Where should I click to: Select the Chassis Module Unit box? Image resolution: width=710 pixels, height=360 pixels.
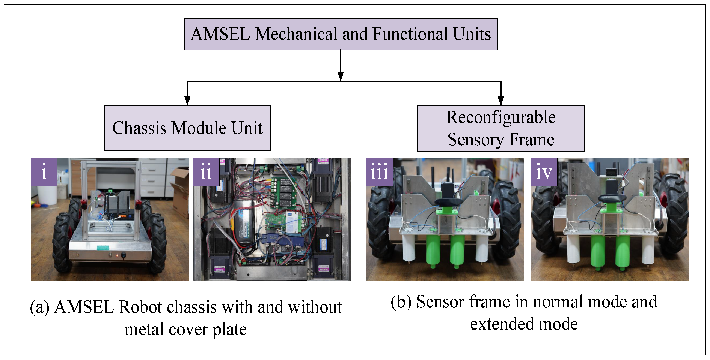pyautogui.click(x=187, y=128)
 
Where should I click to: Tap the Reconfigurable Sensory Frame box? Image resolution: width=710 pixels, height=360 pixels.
pyautogui.click(x=500, y=128)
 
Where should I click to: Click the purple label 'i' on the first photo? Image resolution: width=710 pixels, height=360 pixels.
pyautogui.click(x=44, y=172)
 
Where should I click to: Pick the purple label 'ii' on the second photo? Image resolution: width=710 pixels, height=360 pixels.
pyautogui.click(x=206, y=172)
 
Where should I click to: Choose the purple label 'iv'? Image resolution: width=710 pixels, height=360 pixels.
pyautogui.click(x=544, y=172)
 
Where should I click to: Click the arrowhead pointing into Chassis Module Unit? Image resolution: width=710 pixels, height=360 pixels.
pyautogui.click(x=187, y=101)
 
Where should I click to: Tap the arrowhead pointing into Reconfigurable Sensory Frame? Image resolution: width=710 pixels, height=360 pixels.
pyautogui.click(x=501, y=101)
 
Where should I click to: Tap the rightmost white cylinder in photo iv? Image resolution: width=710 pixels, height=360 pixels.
pyautogui.click(x=648, y=249)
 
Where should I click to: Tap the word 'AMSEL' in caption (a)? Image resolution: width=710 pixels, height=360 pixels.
pyautogui.click(x=84, y=307)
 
